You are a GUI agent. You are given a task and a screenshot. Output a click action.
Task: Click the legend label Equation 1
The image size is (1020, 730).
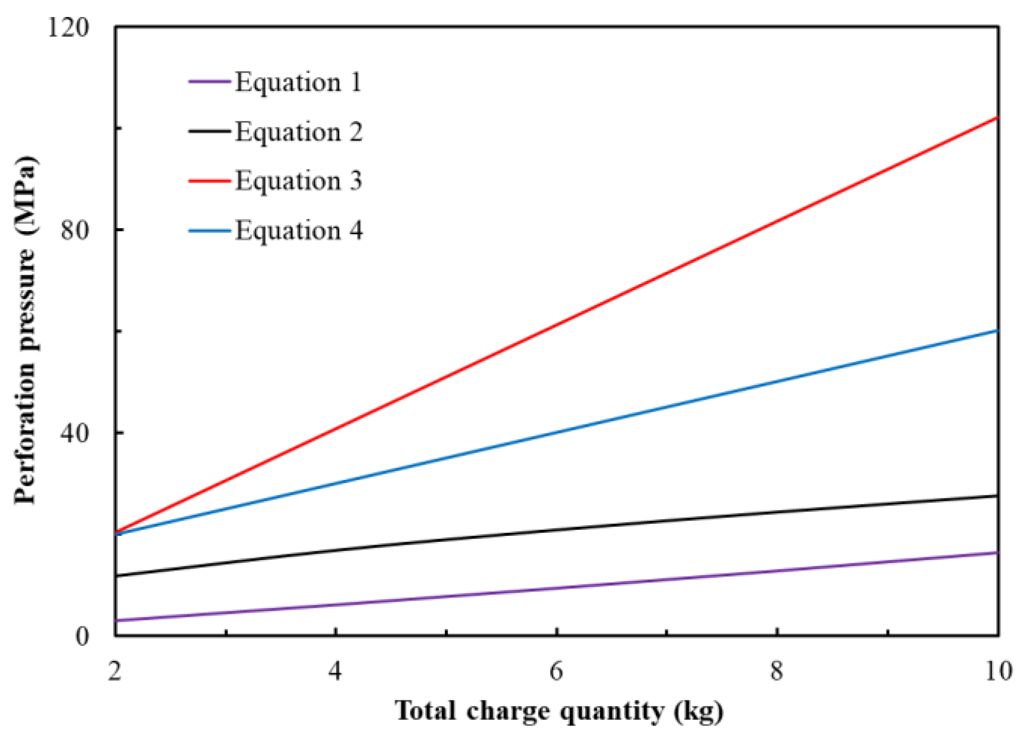[x=298, y=82]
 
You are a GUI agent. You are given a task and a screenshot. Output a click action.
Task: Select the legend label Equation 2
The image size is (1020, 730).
[x=298, y=131]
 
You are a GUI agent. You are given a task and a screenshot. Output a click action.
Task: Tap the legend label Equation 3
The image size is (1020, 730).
[x=298, y=181]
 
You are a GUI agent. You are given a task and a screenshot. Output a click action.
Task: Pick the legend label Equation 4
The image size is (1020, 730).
[x=298, y=230]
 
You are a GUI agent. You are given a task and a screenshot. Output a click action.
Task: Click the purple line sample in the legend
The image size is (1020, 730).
[x=210, y=81]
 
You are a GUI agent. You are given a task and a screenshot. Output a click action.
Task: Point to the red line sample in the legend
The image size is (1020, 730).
[x=210, y=181]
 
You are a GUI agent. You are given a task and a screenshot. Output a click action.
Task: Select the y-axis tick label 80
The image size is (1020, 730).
[x=75, y=230]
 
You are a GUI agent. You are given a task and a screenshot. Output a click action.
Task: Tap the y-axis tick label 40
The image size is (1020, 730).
[x=75, y=433]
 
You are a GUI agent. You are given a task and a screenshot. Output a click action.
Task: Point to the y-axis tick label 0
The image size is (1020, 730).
[x=82, y=636]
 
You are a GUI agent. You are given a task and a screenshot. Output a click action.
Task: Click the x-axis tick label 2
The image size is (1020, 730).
[x=115, y=671]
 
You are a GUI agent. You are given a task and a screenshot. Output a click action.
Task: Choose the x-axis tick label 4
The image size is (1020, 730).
[x=335, y=671]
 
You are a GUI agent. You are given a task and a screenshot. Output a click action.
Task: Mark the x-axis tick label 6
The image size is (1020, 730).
[x=556, y=671]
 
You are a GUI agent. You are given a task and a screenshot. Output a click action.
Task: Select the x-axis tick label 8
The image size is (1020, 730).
[x=777, y=671]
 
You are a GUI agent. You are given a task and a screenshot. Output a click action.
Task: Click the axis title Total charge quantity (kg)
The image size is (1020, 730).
[x=559, y=711]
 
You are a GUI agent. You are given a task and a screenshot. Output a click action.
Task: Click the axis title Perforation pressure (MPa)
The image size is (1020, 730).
[x=25, y=330]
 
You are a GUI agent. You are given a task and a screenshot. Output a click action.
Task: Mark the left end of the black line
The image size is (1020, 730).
[x=116, y=575]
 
